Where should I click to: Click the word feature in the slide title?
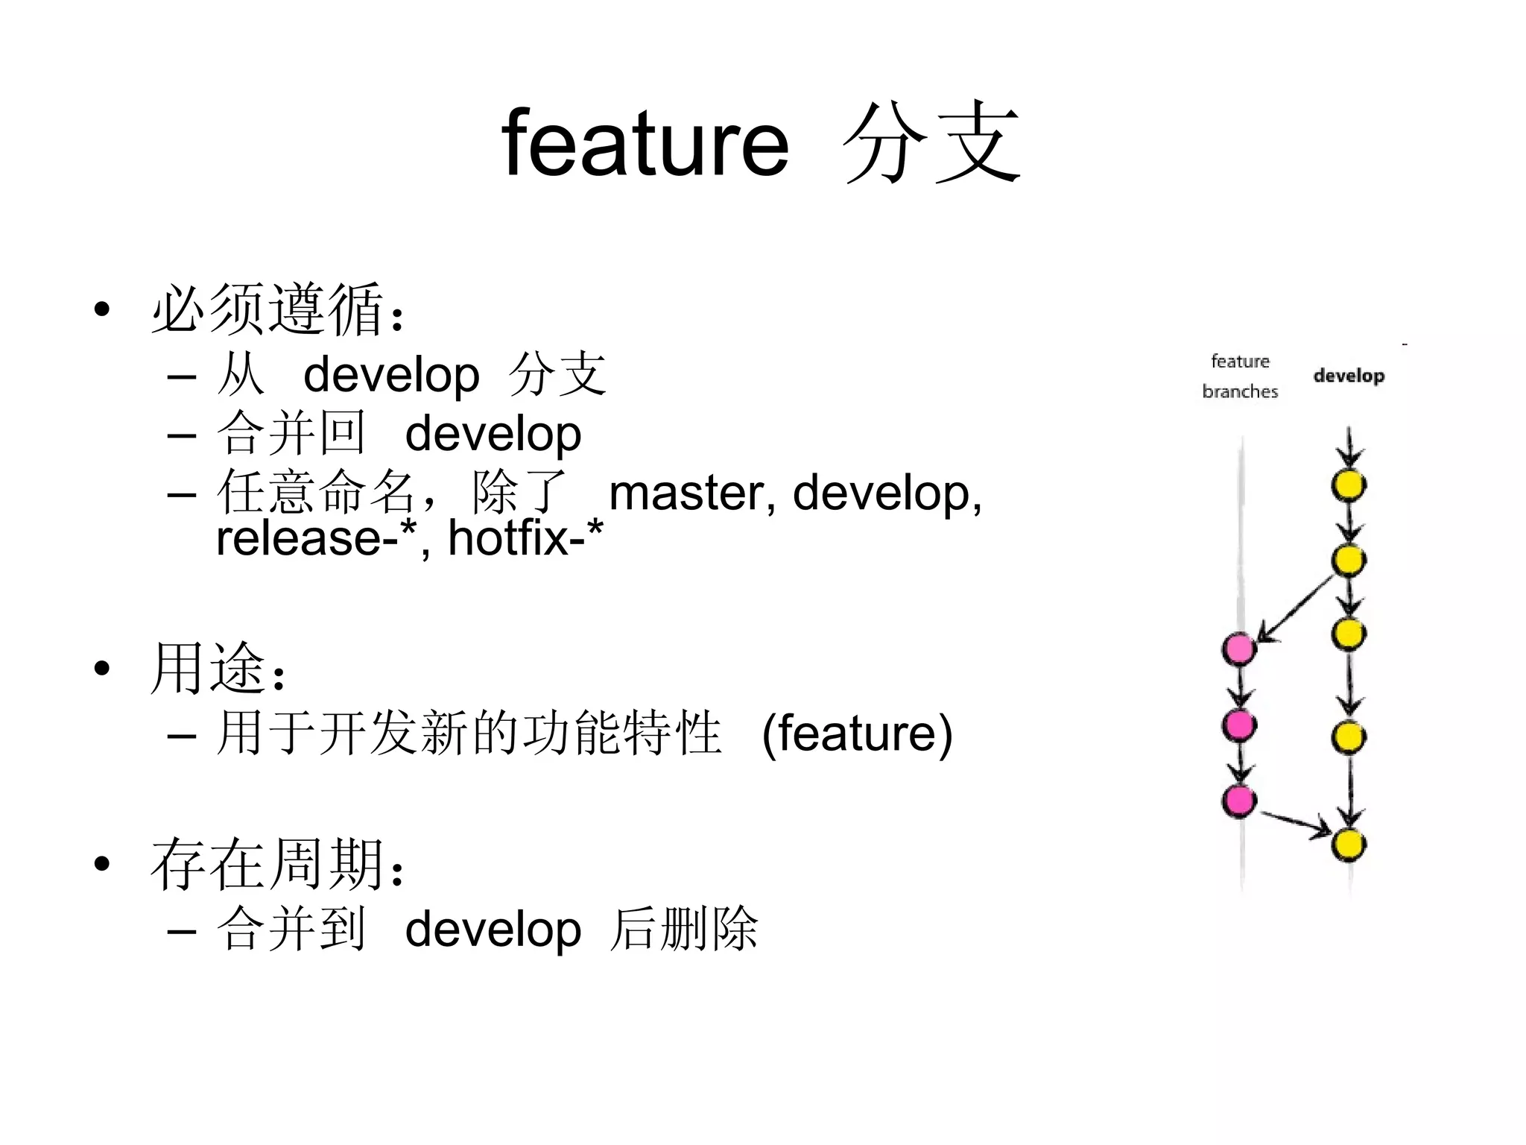tap(645, 143)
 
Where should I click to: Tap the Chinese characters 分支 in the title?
tap(931, 143)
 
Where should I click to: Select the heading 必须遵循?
tap(268, 309)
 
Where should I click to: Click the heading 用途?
tap(209, 668)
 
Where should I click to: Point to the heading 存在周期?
tap(268, 865)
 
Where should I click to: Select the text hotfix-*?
tap(525, 537)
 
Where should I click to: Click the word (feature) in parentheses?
tap(857, 734)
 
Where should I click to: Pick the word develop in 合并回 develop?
tap(493, 434)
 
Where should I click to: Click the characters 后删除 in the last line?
tap(684, 929)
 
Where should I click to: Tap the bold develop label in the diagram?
tap(1349, 376)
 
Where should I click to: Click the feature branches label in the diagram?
tap(1240, 376)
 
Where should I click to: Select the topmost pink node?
tap(1239, 649)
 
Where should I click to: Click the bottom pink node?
tap(1239, 801)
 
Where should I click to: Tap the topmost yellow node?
tap(1349, 486)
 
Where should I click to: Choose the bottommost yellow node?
tap(1349, 845)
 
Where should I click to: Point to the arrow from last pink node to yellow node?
tap(1297, 823)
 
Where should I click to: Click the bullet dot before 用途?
tap(102, 669)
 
